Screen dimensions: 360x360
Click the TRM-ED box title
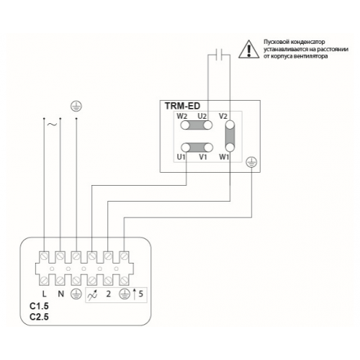click(182, 106)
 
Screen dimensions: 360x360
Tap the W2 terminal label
click(182, 117)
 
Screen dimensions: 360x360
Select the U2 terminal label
click(202, 117)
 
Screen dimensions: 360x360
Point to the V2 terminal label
click(223, 117)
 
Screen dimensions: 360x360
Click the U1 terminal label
click(181, 157)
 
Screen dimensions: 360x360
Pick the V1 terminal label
click(203, 157)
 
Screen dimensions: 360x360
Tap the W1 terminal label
click(224, 157)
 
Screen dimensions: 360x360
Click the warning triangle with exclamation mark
click(249, 50)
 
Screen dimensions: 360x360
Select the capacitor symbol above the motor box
click(219, 55)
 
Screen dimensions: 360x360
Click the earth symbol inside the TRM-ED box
click(251, 162)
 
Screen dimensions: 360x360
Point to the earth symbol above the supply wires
click(76, 106)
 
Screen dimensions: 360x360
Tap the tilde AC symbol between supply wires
click(52, 125)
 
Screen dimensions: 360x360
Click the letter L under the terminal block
click(44, 294)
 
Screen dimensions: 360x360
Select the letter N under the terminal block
click(61, 294)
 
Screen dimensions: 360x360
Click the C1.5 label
click(39, 306)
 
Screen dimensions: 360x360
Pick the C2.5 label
click(39, 317)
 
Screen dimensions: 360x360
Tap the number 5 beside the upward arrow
click(140, 294)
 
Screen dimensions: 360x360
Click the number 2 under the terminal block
click(109, 294)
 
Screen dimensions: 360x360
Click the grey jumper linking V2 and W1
click(230, 136)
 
